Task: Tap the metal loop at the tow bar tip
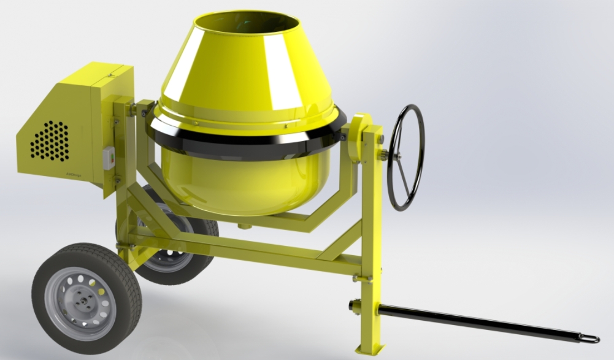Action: [590, 338]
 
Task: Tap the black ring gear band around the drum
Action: [245, 145]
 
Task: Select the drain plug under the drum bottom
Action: [244, 226]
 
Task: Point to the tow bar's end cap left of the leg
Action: [354, 305]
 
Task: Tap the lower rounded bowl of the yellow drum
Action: [245, 184]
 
